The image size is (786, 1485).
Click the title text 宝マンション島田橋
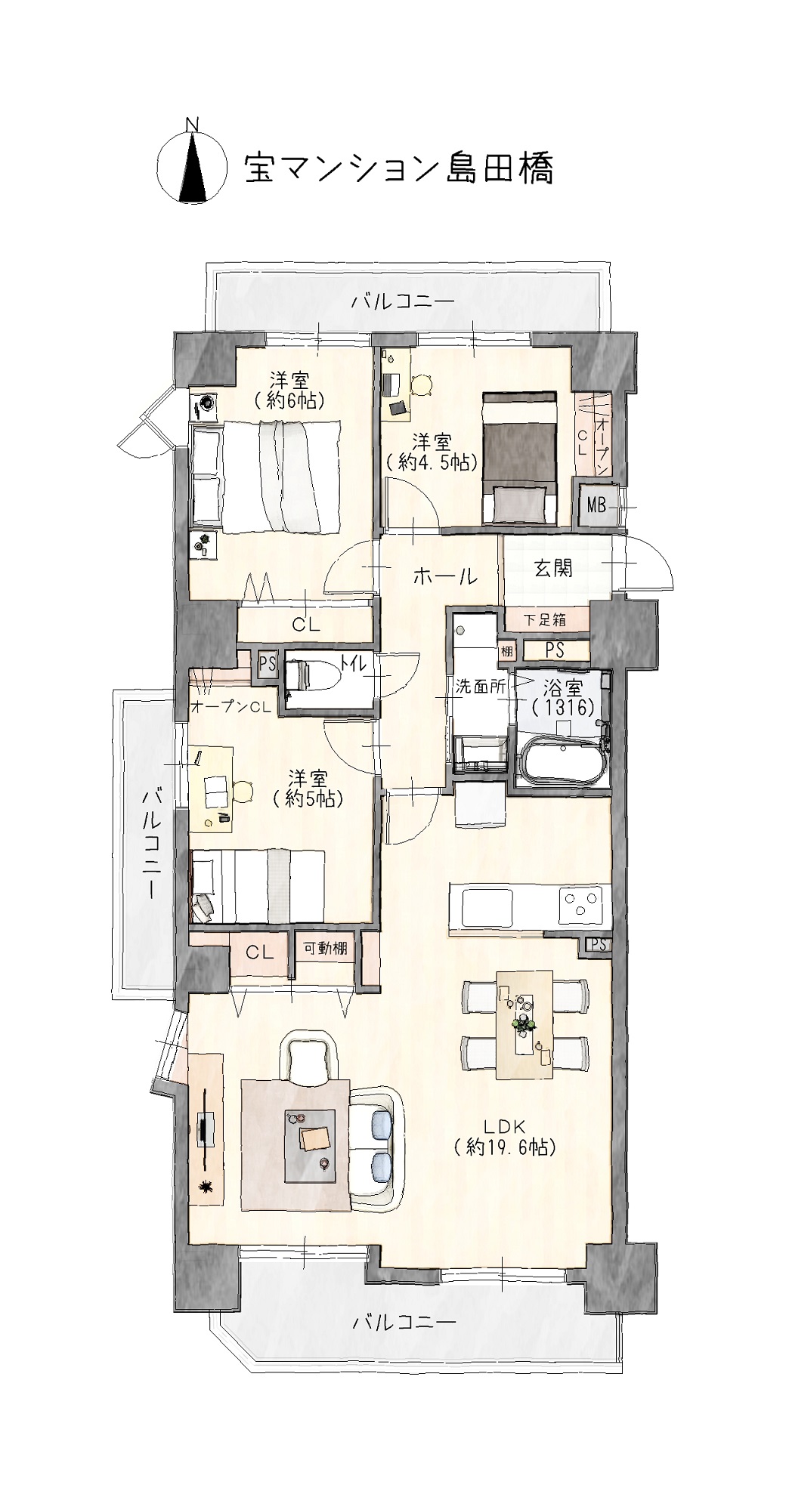[398, 169]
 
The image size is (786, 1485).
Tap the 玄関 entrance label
[553, 568]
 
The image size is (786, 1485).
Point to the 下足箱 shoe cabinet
[546, 620]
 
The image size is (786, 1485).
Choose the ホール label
[445, 577]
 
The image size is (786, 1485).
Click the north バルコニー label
[404, 301]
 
